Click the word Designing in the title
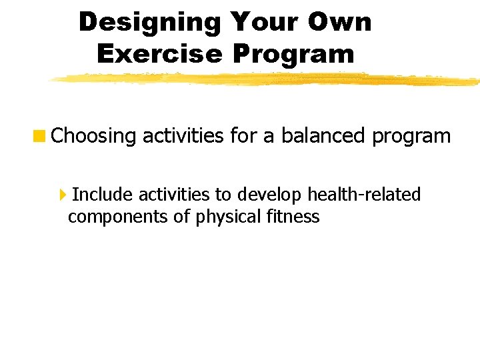pyautogui.click(x=150, y=22)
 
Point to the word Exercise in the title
pyautogui.click(x=158, y=53)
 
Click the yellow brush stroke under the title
pyautogui.click(x=267, y=80)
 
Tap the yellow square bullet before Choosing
pyautogui.click(x=41, y=136)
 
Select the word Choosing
pyautogui.click(x=93, y=136)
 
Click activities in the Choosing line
pyautogui.click(x=183, y=136)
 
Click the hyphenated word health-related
pyautogui.click(x=364, y=195)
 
